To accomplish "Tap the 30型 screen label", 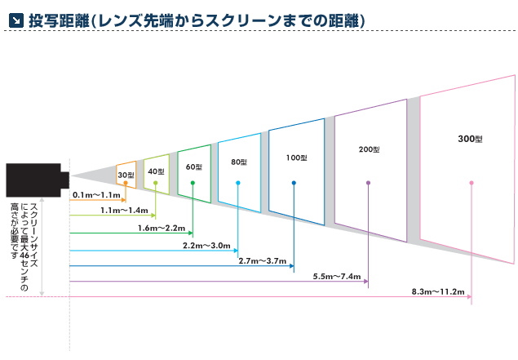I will pos(125,175).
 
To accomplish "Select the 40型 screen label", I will pos(157,171).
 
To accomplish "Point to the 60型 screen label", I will pos(193,167).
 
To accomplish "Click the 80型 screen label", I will pos(238,162).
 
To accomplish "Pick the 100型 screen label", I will pos(297,157).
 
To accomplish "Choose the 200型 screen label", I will pos(370,149).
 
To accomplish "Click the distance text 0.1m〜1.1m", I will pos(97,195).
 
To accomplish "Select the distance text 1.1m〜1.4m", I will pos(123,210).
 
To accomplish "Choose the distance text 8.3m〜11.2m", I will pos(439,292).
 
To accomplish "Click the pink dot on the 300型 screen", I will pos(472,183).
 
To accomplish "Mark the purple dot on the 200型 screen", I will pos(369,183).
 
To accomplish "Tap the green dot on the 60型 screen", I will pos(193,183).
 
